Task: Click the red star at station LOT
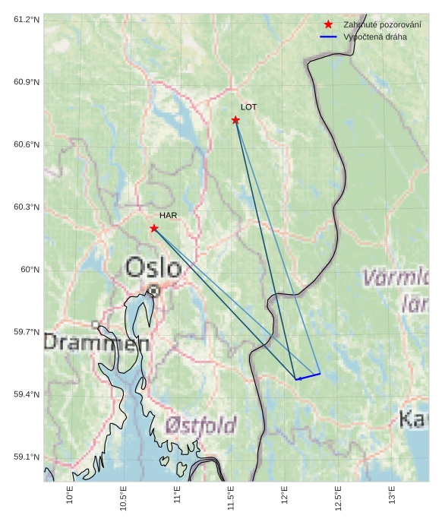point(235,120)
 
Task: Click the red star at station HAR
point(154,228)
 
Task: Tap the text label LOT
point(248,107)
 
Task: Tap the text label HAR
point(168,215)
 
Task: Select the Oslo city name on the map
point(153,267)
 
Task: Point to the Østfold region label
point(200,425)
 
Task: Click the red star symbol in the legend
point(328,24)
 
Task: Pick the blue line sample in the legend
point(328,36)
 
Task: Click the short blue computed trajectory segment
point(308,376)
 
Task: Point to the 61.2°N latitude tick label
point(27,19)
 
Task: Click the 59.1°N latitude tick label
point(27,457)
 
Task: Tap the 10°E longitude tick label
point(70,496)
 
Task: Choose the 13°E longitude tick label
point(393,496)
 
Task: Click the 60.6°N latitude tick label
point(27,144)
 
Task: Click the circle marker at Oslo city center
point(154,290)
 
